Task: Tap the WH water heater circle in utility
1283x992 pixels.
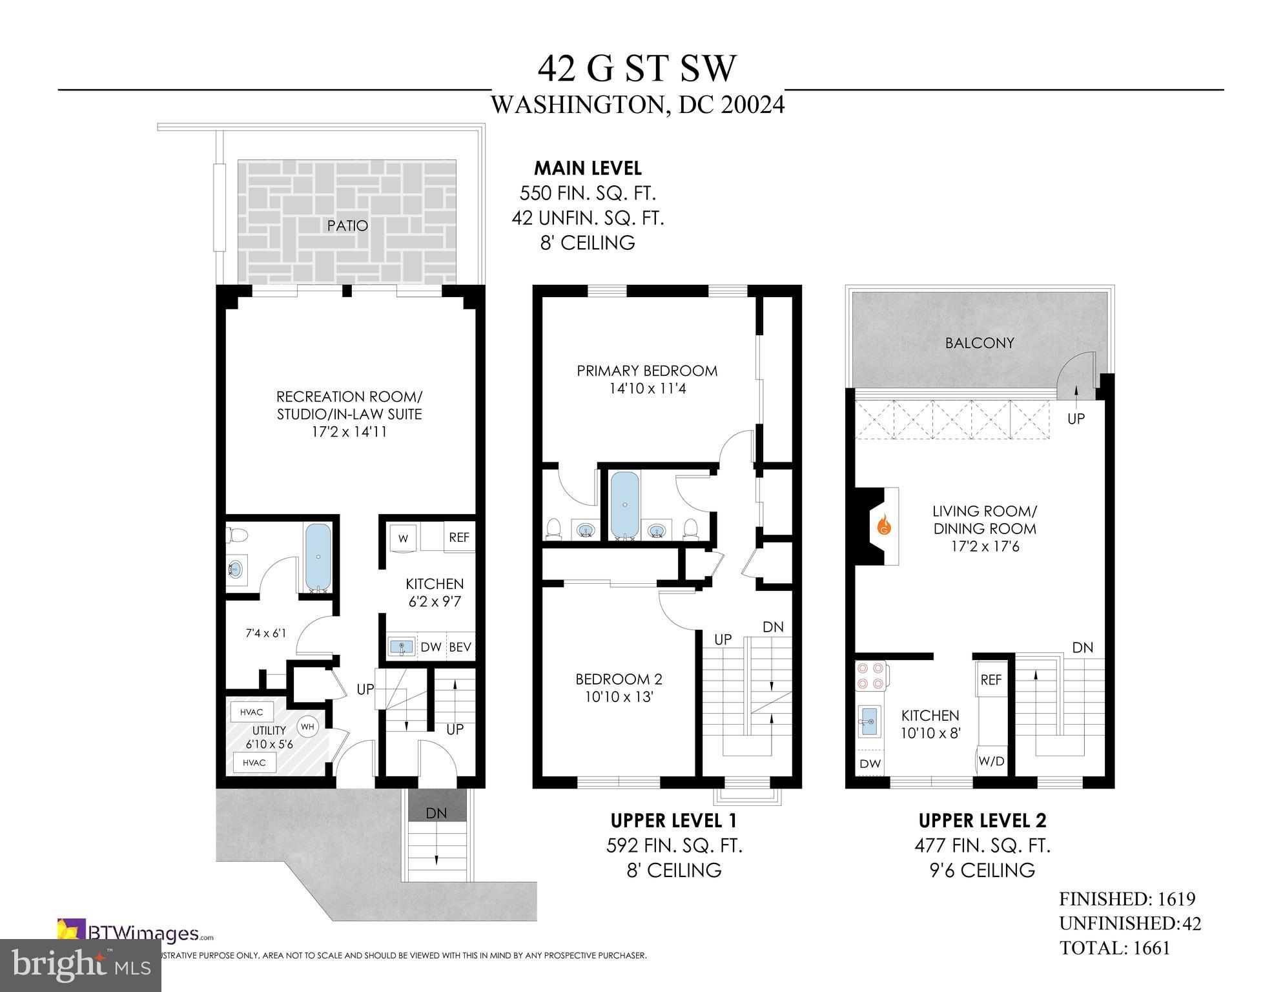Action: [307, 727]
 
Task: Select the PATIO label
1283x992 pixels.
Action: [347, 225]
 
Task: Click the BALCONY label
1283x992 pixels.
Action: [980, 343]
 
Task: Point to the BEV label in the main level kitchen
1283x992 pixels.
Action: [460, 647]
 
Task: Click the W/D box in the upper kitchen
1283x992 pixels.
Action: [991, 761]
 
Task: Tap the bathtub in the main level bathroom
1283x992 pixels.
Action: [317, 557]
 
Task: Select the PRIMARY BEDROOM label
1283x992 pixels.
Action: [647, 371]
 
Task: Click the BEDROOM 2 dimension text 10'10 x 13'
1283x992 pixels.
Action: [619, 697]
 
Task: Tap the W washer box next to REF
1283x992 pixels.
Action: [404, 538]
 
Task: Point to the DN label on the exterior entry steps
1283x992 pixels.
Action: [436, 813]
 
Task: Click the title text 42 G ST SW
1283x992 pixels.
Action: [637, 68]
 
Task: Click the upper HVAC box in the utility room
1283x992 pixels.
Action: [252, 712]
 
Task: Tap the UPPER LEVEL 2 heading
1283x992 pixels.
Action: [982, 821]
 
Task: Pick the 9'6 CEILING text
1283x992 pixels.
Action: [982, 870]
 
